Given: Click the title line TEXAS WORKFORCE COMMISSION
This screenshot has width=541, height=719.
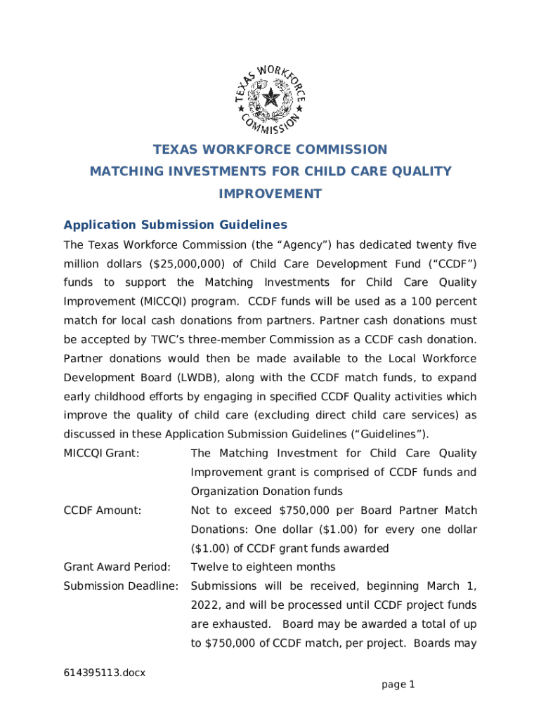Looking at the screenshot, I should [270, 150].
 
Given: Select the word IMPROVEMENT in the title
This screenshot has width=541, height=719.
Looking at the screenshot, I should [270, 194].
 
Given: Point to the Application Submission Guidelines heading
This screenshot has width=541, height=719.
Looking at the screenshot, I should [175, 225].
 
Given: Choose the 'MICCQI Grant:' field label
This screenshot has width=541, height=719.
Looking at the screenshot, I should [101, 454].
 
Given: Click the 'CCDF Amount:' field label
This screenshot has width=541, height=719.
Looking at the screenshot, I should [103, 510].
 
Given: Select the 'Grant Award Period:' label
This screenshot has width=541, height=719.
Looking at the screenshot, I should [117, 567].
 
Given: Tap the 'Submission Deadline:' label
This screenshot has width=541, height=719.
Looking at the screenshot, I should [121, 586].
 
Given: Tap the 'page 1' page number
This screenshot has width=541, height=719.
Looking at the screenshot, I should [398, 684].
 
